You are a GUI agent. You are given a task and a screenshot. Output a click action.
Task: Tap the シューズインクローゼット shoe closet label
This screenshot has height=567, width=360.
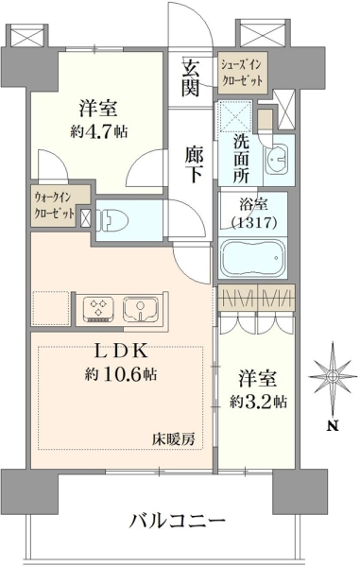pos(242,73)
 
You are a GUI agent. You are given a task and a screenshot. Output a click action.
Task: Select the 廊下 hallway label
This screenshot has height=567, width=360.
pos(195,163)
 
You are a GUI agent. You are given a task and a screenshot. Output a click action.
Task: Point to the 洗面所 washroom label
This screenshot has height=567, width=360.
pos(241,158)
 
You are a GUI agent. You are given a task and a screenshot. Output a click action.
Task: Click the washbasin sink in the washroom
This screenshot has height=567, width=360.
pos(277,160)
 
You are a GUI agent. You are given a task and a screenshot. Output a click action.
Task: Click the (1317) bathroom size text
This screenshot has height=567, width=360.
pos(254,223)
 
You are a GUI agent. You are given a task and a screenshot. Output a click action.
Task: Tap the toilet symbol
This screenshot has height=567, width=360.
pos(112,220)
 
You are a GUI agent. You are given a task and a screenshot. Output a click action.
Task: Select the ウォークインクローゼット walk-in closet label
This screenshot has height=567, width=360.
pos(55,205)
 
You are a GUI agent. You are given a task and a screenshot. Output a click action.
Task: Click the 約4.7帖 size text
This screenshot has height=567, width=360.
pos(98,132)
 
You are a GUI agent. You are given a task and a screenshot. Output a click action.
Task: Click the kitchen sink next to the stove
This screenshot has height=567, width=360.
pos(141,309)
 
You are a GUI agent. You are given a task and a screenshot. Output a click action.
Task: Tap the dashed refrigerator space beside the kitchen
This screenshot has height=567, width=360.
pos(51,307)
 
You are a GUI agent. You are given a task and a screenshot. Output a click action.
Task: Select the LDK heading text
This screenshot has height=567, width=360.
pos(121,352)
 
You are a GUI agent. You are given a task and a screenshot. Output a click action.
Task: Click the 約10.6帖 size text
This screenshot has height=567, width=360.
pos(120,374)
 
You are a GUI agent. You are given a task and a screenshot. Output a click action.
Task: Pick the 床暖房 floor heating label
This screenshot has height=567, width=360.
pos(173,439)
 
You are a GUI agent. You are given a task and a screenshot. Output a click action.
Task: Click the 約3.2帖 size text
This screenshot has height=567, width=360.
pos(259,401)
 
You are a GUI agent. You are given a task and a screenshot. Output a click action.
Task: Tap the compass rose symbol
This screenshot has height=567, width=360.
pos(331,377)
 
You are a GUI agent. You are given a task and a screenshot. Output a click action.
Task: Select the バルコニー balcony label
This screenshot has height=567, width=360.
pos(178,522)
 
